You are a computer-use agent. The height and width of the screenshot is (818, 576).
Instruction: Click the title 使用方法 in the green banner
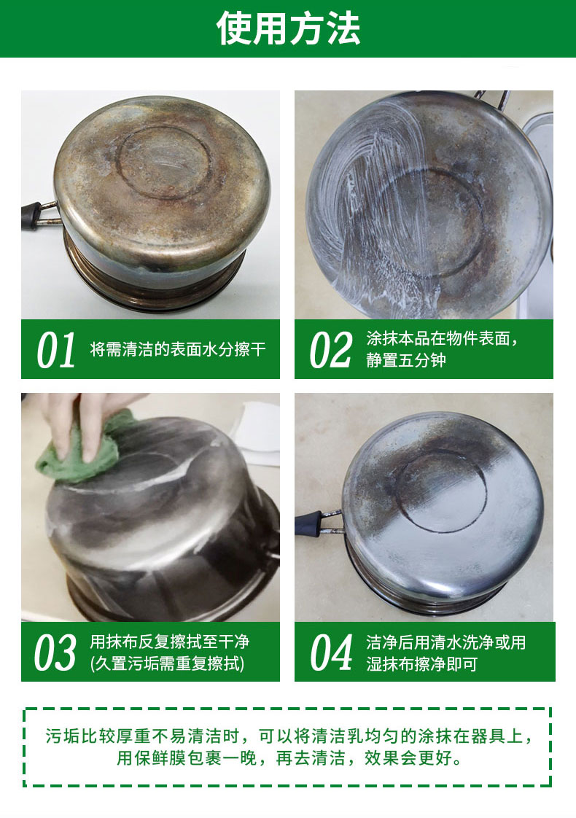[x=288, y=28]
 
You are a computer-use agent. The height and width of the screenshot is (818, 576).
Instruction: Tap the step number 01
[x=56, y=350]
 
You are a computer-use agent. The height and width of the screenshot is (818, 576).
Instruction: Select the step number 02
[x=330, y=350]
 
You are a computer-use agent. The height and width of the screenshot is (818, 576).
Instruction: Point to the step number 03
[x=55, y=652]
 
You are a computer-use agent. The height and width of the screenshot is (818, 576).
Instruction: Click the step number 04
[x=331, y=652]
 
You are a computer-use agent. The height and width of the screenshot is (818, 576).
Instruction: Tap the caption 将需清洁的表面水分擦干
[x=177, y=349]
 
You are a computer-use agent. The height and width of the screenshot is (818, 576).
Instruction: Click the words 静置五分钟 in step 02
[x=406, y=360]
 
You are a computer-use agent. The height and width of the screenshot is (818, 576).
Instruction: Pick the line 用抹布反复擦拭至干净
[x=170, y=641]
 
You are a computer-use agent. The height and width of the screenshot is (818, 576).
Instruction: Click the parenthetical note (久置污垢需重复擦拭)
[x=167, y=663]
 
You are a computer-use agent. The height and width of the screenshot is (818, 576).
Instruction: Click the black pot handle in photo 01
[x=31, y=216]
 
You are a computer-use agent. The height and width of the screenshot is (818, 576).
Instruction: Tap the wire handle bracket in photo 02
[x=493, y=99]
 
